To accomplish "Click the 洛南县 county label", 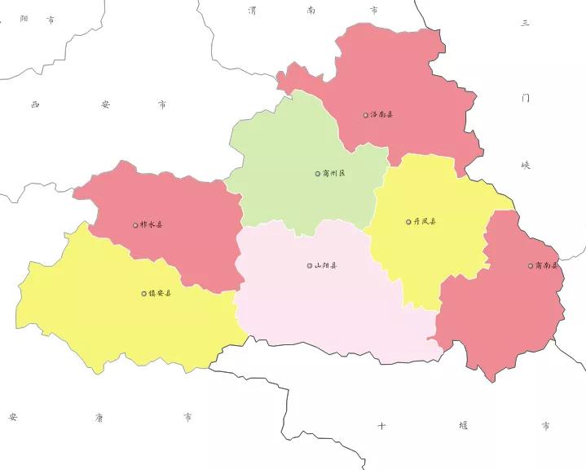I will click(x=382, y=115).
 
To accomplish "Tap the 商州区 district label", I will click(x=334, y=174).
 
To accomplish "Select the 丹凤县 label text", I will click(x=425, y=222).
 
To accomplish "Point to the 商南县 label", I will click(x=546, y=265).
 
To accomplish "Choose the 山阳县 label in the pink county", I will click(x=326, y=265).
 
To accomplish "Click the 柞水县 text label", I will click(x=152, y=224).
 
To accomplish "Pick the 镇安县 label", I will click(x=160, y=293).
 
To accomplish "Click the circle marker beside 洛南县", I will click(x=366, y=115).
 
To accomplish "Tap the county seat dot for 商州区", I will click(x=318, y=174).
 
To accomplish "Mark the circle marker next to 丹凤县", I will click(x=408, y=222).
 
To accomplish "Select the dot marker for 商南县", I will click(x=531, y=265).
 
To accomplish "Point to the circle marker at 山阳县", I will click(x=310, y=265).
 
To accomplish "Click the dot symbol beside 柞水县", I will click(x=135, y=224).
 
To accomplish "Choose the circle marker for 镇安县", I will click(x=143, y=293).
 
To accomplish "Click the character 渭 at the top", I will click(x=253, y=11).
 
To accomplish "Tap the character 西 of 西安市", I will click(x=35, y=104).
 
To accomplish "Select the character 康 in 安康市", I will click(x=99, y=417).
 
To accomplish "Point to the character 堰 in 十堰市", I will click(x=464, y=425).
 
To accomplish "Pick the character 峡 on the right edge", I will click(x=526, y=165).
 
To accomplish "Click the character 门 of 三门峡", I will click(x=526, y=97).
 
